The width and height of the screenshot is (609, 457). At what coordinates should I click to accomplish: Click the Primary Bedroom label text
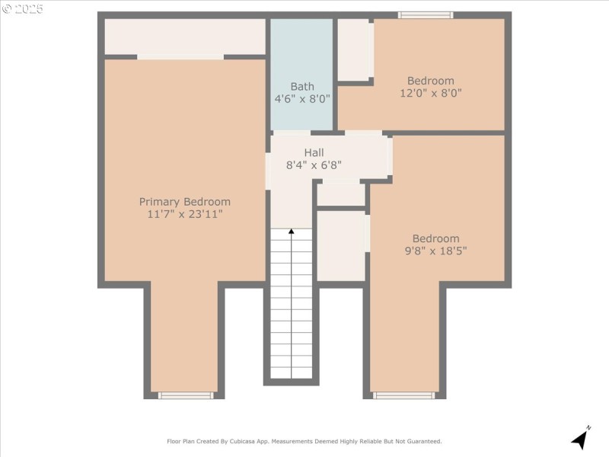coord(184,202)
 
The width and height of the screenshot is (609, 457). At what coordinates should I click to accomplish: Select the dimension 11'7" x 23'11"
coord(184,215)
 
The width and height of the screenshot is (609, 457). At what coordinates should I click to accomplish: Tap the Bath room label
coord(302,87)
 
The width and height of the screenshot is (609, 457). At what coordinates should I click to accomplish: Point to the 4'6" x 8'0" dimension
coord(302,99)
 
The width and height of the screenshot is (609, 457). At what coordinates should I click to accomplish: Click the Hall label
coord(314,152)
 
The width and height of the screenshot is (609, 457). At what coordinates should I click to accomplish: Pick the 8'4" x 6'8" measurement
coord(314,165)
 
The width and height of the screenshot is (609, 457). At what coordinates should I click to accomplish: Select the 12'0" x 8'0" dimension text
coord(431,93)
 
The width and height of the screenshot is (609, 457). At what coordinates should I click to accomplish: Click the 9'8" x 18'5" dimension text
coord(436,251)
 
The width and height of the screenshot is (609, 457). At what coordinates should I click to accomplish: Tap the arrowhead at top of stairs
coord(291,232)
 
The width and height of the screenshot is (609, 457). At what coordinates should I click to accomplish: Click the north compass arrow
coord(581,439)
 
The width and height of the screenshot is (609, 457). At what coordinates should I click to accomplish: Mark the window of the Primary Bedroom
coord(186,395)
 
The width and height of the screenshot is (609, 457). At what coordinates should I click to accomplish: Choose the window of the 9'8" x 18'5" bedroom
coord(404,395)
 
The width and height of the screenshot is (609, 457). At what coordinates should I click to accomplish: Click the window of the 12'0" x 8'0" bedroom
coord(426,15)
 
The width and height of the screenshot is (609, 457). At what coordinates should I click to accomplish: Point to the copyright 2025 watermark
coord(23,9)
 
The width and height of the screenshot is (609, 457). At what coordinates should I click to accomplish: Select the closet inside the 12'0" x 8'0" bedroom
coord(354,50)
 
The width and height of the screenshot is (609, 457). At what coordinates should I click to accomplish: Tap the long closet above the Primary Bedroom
coord(184,37)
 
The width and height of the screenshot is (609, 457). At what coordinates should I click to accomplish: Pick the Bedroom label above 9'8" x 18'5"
coord(436,238)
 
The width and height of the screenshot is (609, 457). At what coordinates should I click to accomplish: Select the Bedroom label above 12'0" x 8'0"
coord(431,81)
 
